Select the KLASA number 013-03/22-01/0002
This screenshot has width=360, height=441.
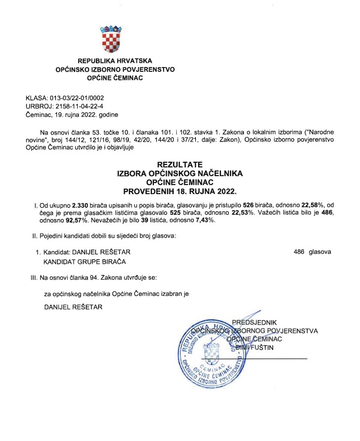click(x=77, y=98)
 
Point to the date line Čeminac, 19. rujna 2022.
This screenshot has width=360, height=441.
click(x=72, y=114)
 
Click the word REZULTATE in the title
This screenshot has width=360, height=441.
click(x=179, y=164)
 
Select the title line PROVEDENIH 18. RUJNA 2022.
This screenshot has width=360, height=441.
click(x=179, y=190)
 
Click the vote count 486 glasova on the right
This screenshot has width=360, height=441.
click(x=312, y=252)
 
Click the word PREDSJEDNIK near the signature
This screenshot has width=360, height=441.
click(x=255, y=322)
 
